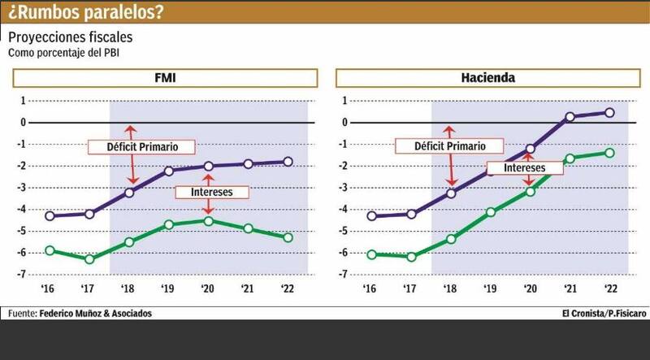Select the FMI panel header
pyautogui.click(x=167, y=79)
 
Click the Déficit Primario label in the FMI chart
pyautogui.click(x=132, y=147)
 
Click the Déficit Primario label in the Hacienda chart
pyautogui.click(x=441, y=147)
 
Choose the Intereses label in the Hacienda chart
pyautogui.click(x=517, y=167)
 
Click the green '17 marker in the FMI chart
pyautogui.click(x=89, y=259)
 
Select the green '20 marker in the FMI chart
pyautogui.click(x=209, y=221)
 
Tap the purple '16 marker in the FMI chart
pyautogui.click(x=50, y=216)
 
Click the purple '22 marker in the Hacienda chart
pyautogui.click(x=610, y=113)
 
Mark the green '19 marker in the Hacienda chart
pyautogui.click(x=491, y=212)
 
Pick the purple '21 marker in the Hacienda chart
pyautogui.click(x=570, y=117)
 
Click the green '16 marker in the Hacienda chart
pyautogui.click(x=371, y=254)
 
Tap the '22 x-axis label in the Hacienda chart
pyautogui.click(x=609, y=288)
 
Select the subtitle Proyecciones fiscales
pyautogui.click(x=69, y=38)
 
